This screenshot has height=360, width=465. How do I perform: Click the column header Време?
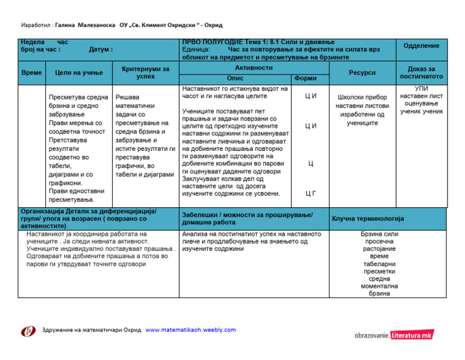pos(31,72)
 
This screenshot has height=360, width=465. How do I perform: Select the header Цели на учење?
pos(79,73)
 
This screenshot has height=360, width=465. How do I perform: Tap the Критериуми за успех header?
pos(145,73)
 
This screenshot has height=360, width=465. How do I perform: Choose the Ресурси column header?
pos(362,73)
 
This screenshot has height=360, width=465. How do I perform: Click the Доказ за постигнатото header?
pos(421,73)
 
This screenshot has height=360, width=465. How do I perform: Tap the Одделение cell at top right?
pos(421,46)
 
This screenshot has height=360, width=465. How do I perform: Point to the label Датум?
pos(100,50)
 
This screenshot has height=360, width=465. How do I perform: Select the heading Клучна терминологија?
pos(368,218)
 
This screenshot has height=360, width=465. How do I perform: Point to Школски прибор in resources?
pos(362,97)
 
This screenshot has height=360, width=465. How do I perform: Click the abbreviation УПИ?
pos(421,88)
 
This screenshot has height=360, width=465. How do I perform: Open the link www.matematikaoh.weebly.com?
pos(191,330)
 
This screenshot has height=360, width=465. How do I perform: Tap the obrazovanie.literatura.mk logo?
pos(394,335)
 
